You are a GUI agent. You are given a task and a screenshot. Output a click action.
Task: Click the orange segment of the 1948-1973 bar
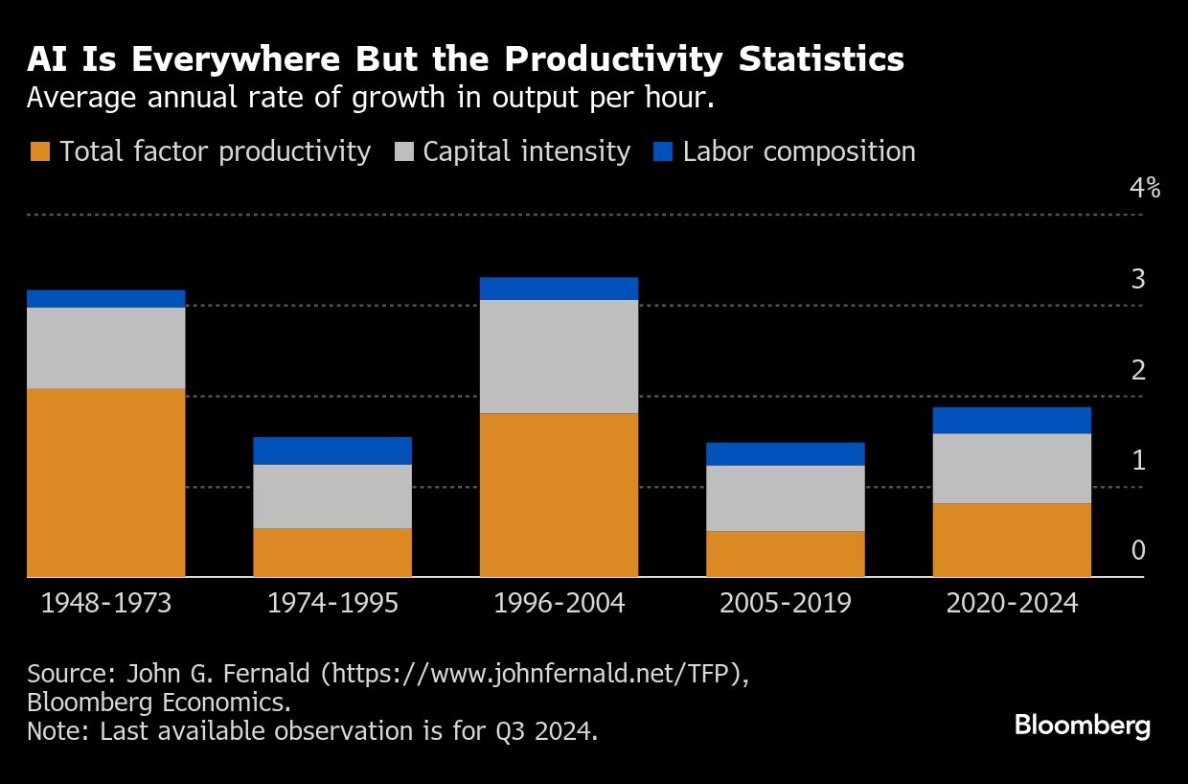click(105, 482)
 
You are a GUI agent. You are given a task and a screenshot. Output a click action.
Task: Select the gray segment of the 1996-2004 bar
click(559, 356)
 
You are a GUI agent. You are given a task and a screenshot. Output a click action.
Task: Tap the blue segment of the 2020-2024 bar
click(1012, 420)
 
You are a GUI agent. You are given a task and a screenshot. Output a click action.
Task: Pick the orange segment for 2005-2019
click(786, 553)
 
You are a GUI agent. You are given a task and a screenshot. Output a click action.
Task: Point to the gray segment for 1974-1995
click(332, 496)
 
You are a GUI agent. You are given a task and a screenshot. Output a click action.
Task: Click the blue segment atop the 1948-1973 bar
click(105, 298)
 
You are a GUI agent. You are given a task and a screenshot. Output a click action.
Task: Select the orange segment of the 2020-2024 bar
click(1012, 540)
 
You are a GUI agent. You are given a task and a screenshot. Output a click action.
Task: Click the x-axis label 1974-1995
click(332, 603)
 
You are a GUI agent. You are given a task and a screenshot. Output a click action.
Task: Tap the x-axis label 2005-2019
click(786, 603)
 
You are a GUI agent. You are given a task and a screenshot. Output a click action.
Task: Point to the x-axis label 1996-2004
click(559, 603)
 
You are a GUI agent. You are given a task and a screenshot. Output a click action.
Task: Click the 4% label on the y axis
click(1144, 188)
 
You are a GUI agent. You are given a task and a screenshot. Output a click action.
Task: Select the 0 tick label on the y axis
click(1138, 550)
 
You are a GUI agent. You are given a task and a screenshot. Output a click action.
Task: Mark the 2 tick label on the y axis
click(1138, 369)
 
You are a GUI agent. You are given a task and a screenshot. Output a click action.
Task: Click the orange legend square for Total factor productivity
click(40, 152)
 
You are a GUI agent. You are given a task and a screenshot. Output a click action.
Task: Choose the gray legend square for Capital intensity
click(403, 152)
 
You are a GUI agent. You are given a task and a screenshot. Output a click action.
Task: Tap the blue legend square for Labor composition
click(663, 152)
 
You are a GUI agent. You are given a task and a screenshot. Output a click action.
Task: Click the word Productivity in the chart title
click(612, 59)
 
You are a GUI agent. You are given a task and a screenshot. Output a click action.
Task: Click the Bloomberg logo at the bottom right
click(1082, 726)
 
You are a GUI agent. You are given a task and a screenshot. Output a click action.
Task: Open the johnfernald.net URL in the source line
click(531, 674)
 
